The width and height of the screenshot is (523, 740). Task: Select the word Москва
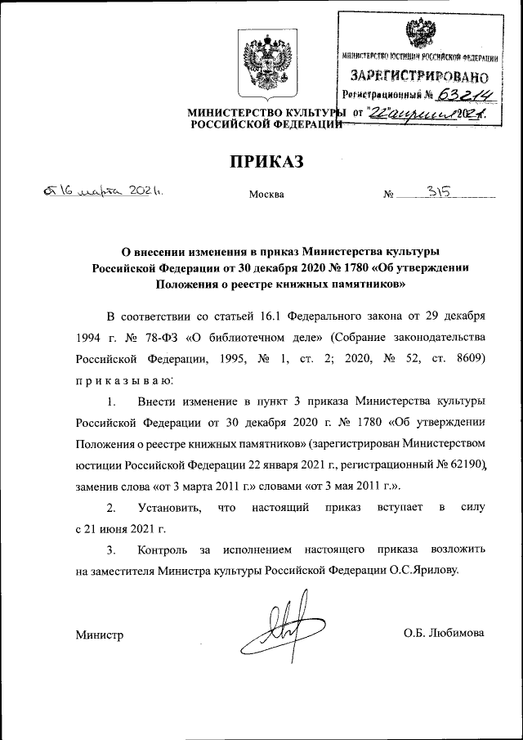266,195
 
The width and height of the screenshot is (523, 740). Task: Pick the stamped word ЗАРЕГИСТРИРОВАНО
420,76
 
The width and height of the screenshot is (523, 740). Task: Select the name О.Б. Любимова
444,633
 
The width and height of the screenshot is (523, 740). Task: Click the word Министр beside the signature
99,635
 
